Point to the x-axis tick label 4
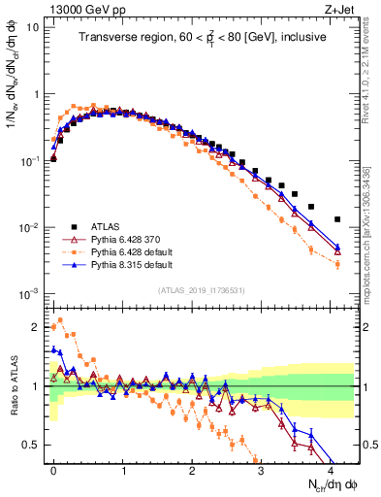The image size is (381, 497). [331, 469]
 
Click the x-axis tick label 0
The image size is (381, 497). [53, 469]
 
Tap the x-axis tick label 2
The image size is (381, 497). [192, 469]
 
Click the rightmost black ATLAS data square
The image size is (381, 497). [336, 219]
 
